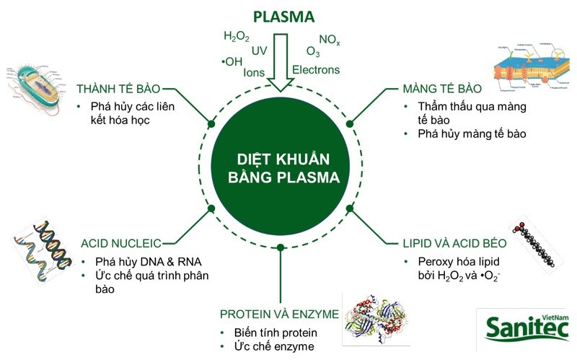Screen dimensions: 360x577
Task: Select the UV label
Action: point(260,51)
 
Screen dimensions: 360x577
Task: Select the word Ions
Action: point(256,72)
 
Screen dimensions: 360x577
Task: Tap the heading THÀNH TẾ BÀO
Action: point(118,90)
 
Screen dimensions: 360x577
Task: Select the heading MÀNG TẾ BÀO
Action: point(441,90)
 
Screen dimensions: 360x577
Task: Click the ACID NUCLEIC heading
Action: point(120,243)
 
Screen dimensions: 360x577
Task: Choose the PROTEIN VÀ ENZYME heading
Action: point(280,314)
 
